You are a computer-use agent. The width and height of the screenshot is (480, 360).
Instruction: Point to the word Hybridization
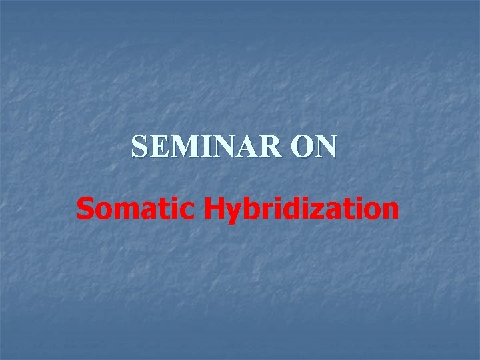click(x=301, y=210)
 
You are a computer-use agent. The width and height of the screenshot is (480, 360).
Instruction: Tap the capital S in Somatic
click(x=85, y=209)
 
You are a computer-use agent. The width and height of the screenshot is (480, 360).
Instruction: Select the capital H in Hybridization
click(x=213, y=209)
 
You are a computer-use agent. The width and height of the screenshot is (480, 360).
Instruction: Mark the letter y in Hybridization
click(x=232, y=213)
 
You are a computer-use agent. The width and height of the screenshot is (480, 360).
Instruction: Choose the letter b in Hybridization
click(x=249, y=209)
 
